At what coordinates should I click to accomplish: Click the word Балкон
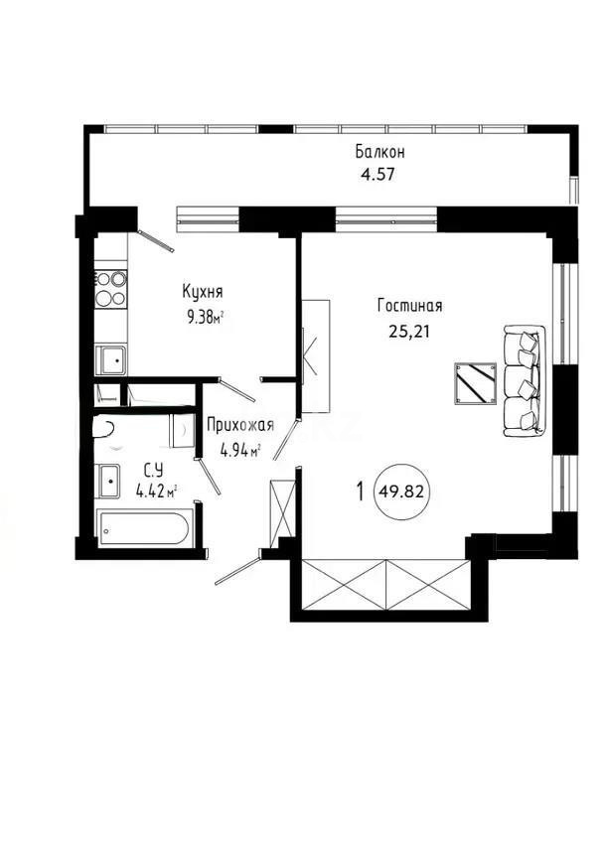coord(379,152)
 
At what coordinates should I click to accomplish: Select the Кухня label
coord(202,292)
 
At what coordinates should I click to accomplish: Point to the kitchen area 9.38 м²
coord(205,318)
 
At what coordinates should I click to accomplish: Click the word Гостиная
coord(409,306)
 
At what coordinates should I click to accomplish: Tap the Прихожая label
coord(238,426)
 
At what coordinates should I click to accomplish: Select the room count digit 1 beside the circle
coord(359,490)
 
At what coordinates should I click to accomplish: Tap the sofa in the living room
coord(523,380)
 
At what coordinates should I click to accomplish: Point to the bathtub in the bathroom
coord(146,527)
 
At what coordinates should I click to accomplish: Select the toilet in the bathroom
coord(102,428)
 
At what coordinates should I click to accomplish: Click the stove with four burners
coord(110,287)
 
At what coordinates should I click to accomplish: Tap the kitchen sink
coord(109,358)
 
